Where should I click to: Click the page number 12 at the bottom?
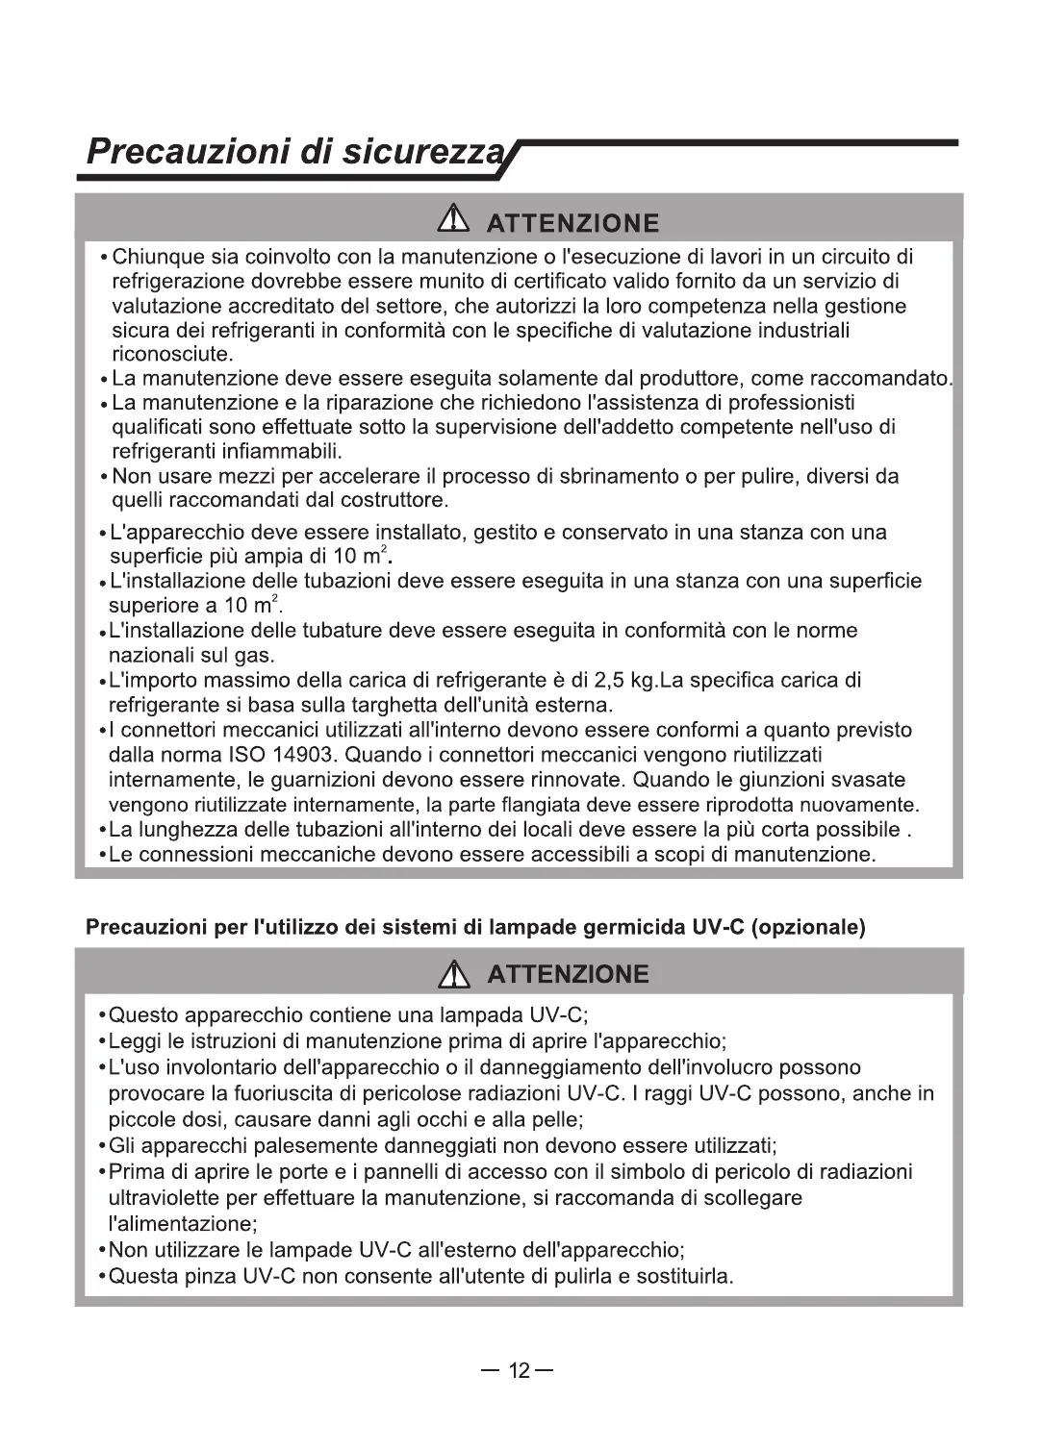(x=520, y=1370)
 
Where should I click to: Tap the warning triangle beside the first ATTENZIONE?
(x=451, y=223)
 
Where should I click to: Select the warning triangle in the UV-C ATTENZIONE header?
(x=452, y=976)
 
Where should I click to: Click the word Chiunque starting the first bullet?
(x=158, y=257)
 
